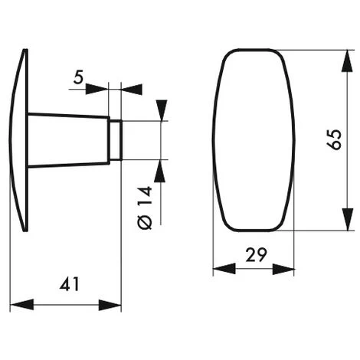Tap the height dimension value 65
tap(332, 139)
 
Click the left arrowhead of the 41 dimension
tap(18, 305)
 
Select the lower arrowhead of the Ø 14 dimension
tap(161, 168)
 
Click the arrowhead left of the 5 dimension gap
tap(102, 88)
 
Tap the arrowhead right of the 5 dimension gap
tap(131, 88)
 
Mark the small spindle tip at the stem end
tap(116, 139)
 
